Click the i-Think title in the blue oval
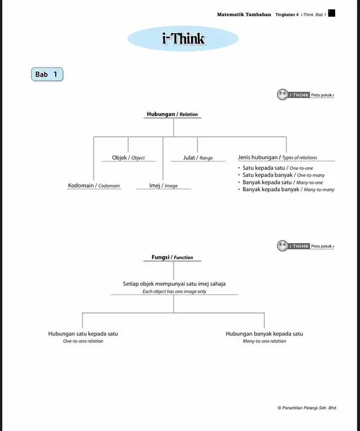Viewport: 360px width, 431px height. coord(183,38)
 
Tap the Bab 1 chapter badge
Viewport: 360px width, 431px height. coord(47,74)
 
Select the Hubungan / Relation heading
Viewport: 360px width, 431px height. coord(172,114)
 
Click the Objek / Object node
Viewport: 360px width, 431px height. coord(128,158)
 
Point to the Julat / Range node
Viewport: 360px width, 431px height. coord(198,158)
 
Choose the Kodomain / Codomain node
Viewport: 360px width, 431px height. coord(94,186)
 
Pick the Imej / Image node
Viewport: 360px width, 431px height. coord(163,186)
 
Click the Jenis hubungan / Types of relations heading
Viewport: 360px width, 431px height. coord(277,158)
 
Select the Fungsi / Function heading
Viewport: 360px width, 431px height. coord(172,257)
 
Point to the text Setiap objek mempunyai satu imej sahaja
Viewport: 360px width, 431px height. coord(174,284)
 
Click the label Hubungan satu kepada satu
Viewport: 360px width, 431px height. coord(83,334)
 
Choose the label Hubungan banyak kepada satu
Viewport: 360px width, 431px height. coord(264,334)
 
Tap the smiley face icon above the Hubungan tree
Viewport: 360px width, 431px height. coord(282,95)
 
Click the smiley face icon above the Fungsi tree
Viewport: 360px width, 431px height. coord(282,246)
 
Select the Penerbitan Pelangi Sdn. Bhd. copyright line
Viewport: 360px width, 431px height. coord(307,408)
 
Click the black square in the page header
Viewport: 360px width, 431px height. coord(332,13)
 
